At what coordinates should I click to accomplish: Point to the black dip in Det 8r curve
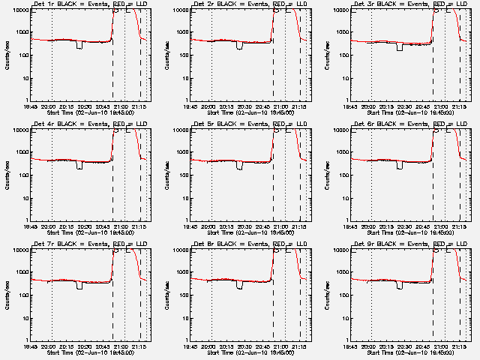tap(239, 285)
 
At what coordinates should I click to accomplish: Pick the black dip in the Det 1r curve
tap(79, 46)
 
